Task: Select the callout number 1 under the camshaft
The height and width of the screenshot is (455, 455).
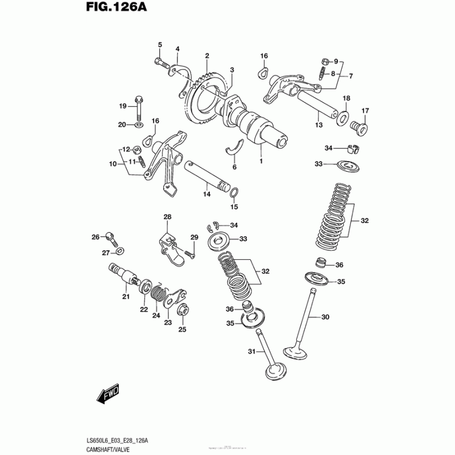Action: click(x=261, y=162)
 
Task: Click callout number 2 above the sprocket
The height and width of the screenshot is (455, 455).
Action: click(x=207, y=56)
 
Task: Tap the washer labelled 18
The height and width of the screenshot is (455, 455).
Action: click(x=344, y=117)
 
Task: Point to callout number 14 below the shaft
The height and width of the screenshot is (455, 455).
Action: click(x=207, y=195)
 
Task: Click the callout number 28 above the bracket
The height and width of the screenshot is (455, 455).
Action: click(x=167, y=217)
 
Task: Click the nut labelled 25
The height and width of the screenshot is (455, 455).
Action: click(x=183, y=311)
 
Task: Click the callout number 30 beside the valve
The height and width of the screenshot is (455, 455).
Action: click(x=325, y=317)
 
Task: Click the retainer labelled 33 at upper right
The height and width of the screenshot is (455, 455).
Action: click(x=348, y=166)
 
